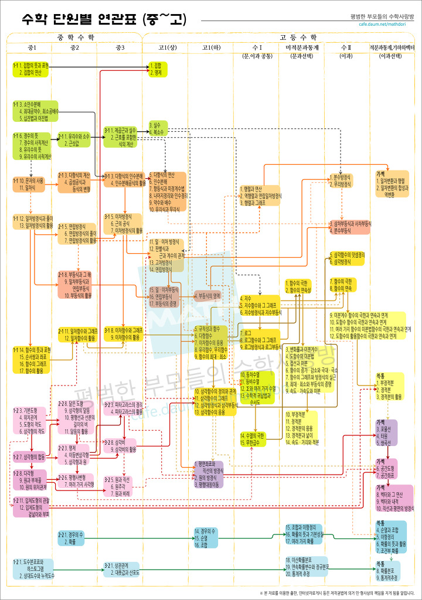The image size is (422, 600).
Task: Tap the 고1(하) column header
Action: pyautogui.click(x=210, y=47)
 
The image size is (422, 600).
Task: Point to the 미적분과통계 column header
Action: pyautogui.click(x=302, y=47)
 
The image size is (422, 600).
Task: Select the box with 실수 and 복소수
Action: pyautogui.click(x=159, y=128)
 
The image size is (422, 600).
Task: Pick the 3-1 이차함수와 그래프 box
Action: pyautogui.click(x=124, y=333)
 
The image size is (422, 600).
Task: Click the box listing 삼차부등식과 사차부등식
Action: pyautogui.click(x=349, y=227)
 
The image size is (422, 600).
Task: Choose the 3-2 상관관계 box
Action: pyautogui.click(x=122, y=569)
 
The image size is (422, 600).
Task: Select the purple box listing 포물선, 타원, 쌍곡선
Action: pyautogui.click(x=386, y=432)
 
